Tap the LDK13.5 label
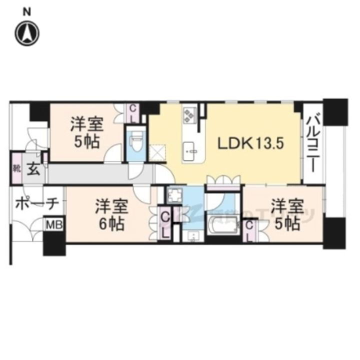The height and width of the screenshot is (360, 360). point(250,143)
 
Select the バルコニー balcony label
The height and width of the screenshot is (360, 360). point(314,142)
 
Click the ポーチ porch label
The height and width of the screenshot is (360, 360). point(37,203)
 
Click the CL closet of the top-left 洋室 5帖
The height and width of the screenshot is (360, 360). point(133,113)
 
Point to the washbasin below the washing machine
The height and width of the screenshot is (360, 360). point(191,235)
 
